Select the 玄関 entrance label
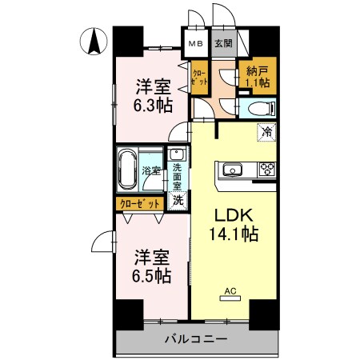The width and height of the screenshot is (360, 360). tap(223, 44)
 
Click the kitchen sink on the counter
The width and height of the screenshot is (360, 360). tap(233, 169)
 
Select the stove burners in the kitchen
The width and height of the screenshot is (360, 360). tap(266, 169)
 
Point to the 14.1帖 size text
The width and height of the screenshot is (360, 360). tap(231, 237)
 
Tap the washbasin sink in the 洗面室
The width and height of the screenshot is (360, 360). tap(178, 155)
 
